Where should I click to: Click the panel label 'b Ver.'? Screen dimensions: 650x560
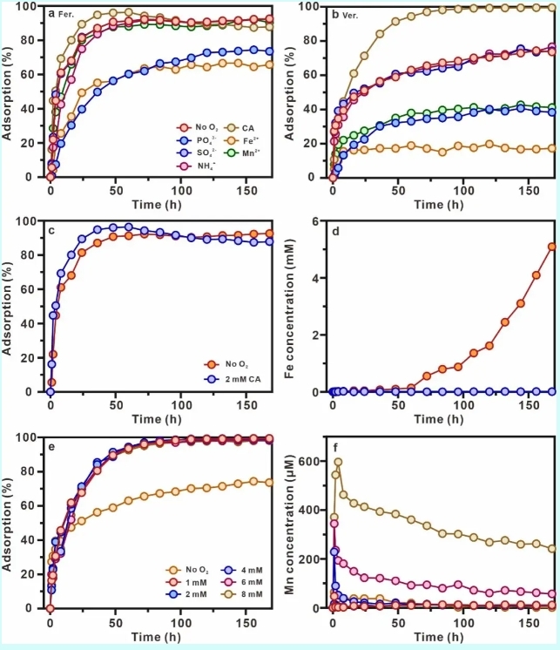point(343,13)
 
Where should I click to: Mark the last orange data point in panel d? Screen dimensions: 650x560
point(552,247)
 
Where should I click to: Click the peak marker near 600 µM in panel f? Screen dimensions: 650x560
point(338,462)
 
